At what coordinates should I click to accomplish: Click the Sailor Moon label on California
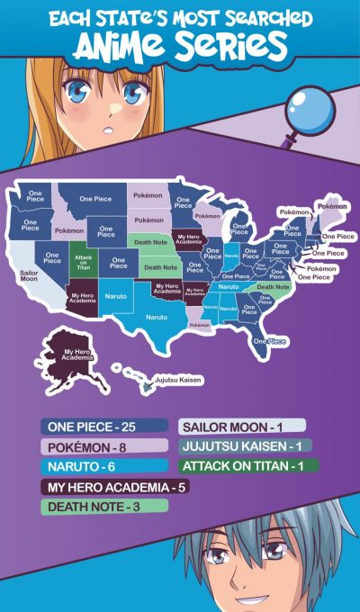pyautogui.click(x=28, y=272)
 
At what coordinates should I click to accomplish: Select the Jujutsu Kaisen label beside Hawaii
pyautogui.click(x=177, y=380)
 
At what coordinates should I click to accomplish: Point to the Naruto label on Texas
pyautogui.click(x=156, y=317)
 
